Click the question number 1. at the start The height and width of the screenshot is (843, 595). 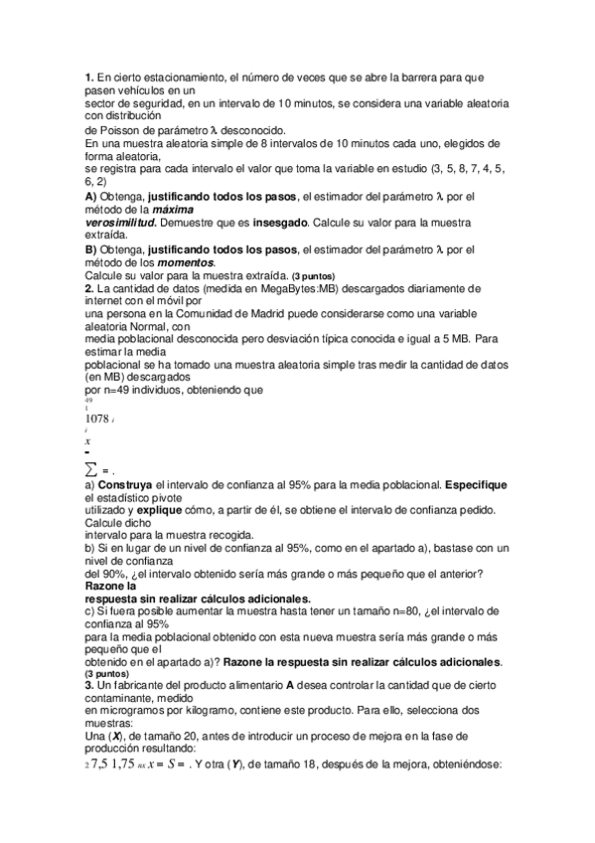pyautogui.click(x=88, y=76)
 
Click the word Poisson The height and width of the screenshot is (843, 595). pyautogui.click(x=118, y=130)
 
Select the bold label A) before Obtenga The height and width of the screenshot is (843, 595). pyautogui.click(x=90, y=195)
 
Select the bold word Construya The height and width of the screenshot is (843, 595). pyautogui.click(x=124, y=484)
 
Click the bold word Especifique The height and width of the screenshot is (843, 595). pyautogui.click(x=477, y=484)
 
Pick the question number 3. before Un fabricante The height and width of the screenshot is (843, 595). pyautogui.click(x=88, y=687)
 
